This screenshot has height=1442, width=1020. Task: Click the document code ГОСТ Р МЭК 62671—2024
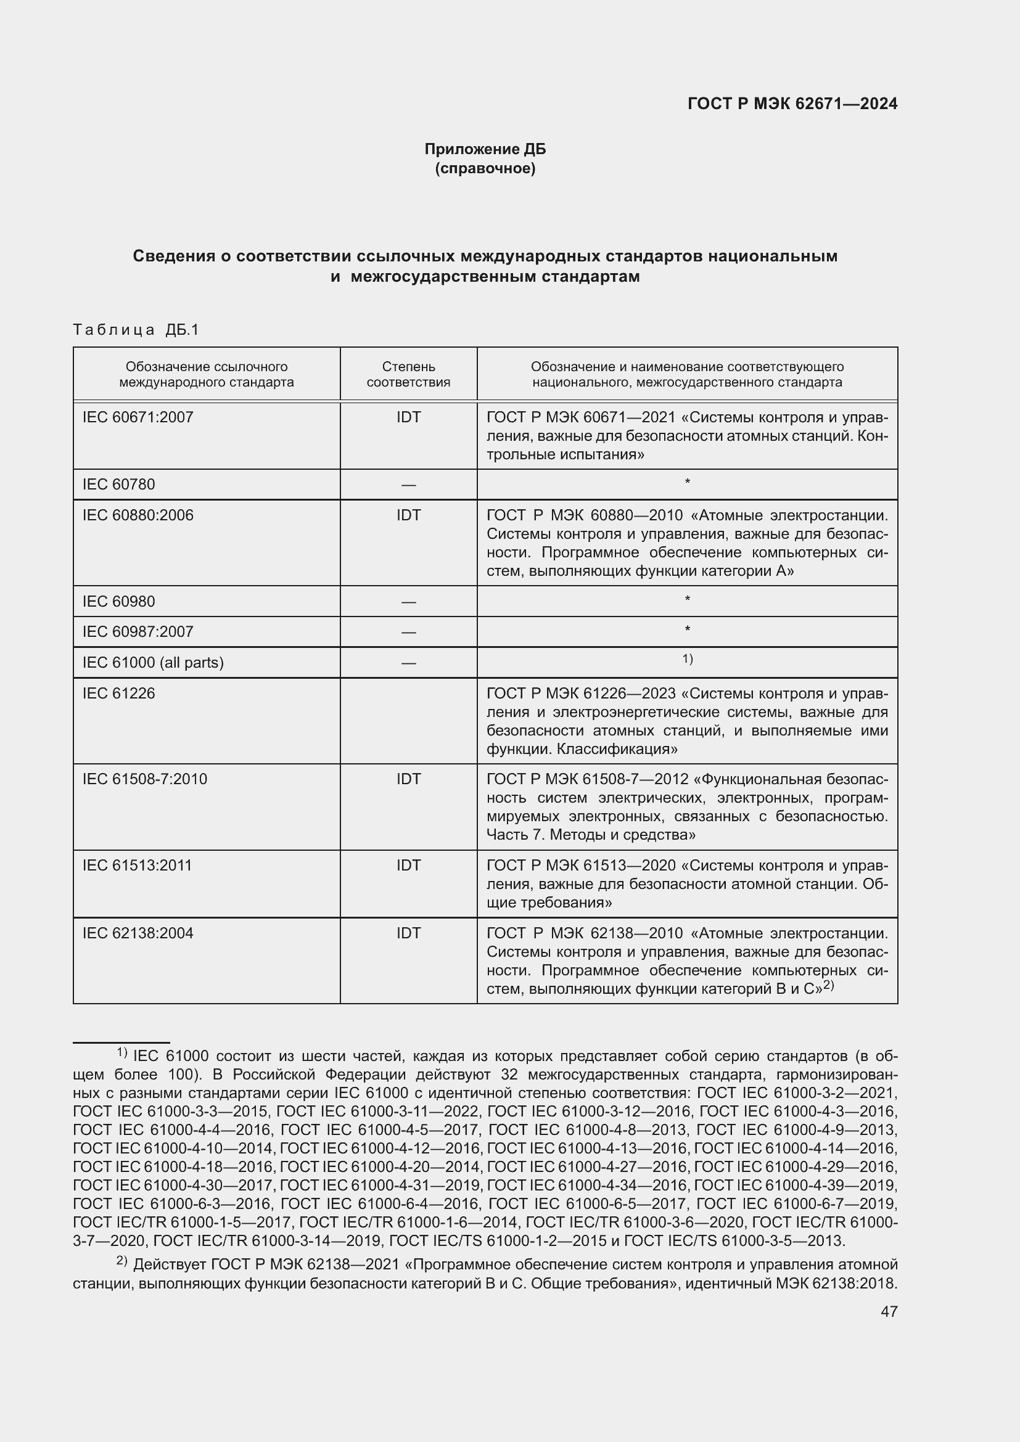coord(792,104)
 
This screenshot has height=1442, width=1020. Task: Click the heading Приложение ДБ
coord(485,149)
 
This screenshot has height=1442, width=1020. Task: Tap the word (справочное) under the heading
coord(485,168)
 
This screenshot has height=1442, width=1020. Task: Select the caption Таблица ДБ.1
coord(136,330)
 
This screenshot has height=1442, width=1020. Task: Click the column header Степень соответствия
coord(408,374)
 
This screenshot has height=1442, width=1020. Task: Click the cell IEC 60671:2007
coord(138,417)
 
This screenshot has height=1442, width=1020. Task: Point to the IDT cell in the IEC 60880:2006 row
coord(408,515)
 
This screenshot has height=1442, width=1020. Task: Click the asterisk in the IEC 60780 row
coord(687,482)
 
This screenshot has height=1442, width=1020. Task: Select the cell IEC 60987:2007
coord(138,632)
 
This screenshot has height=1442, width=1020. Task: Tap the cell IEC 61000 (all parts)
coord(154,663)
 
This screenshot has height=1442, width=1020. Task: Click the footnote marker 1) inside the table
coord(687,659)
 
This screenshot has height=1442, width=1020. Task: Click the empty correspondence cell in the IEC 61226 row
coord(408,720)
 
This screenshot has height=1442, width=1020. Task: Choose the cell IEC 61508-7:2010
coord(145,779)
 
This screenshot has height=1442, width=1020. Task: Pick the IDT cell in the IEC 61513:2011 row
coord(408,866)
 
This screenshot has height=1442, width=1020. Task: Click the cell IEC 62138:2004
coord(138,933)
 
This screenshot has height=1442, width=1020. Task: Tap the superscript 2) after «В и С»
coord(828,985)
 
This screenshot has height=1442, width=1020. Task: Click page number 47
coord(889,1311)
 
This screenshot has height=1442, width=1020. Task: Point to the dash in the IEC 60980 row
coord(408,602)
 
